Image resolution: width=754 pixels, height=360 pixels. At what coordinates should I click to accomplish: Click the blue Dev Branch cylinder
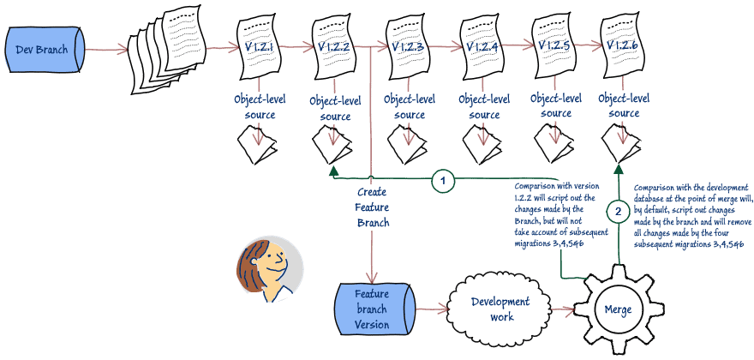pos(44,50)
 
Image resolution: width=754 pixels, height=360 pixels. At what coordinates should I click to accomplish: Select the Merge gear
pos(618,308)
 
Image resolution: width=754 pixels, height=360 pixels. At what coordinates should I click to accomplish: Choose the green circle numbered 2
pos(618,210)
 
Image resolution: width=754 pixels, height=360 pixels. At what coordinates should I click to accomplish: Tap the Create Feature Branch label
pos(372,208)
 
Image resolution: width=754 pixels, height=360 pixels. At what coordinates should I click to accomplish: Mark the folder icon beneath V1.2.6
pos(624,143)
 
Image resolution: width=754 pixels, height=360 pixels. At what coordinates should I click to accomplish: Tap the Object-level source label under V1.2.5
pos(556,106)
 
